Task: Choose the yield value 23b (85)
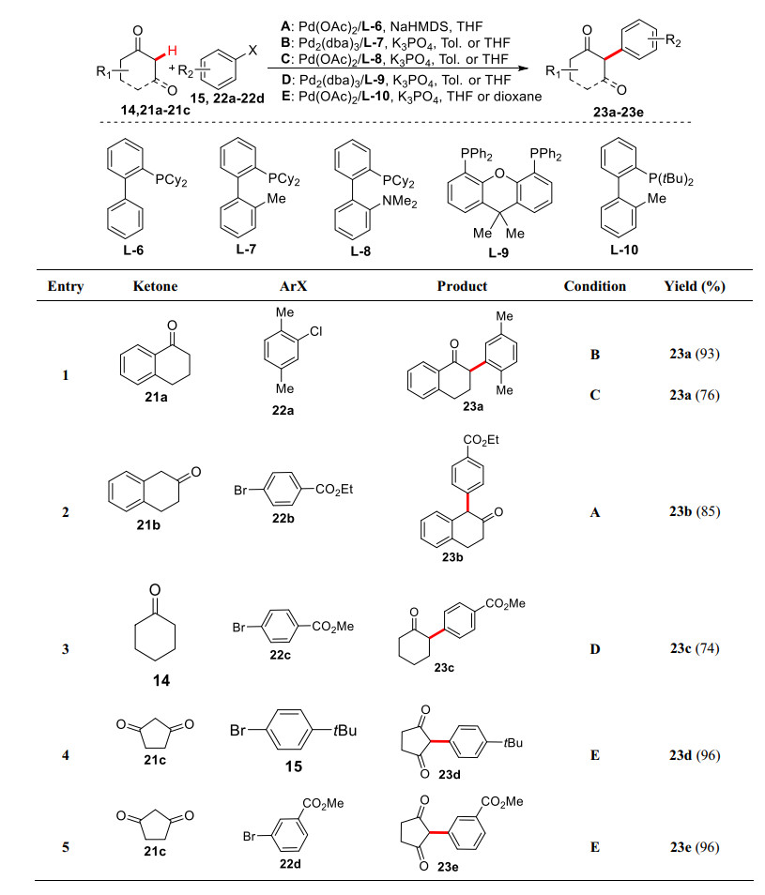pyautogui.click(x=693, y=512)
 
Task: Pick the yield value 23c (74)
pyautogui.click(x=693, y=646)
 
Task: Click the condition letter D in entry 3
pyautogui.click(x=594, y=646)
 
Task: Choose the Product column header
pyautogui.click(x=463, y=286)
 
